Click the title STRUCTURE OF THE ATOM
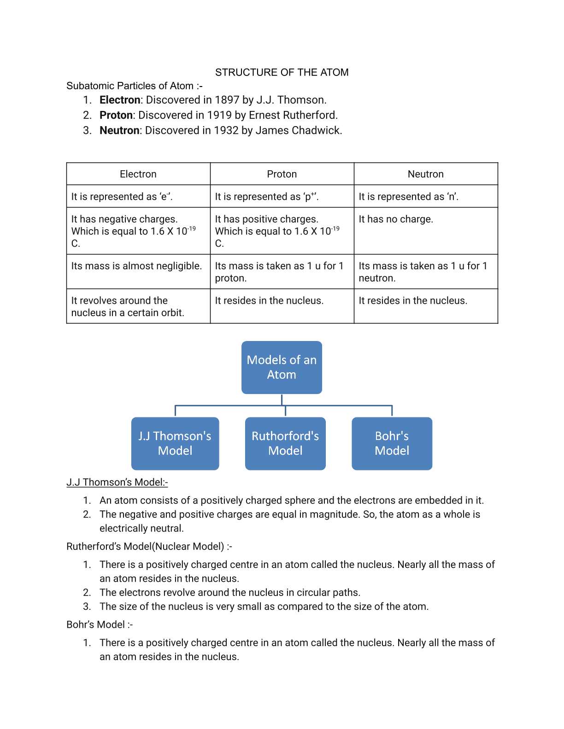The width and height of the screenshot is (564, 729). pyautogui.click(x=282, y=72)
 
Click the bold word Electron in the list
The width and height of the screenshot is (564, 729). pyautogui.click(x=120, y=100)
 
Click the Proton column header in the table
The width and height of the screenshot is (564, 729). pyautogui.click(x=282, y=174)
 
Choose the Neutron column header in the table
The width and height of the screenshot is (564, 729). pyautogui.click(x=425, y=174)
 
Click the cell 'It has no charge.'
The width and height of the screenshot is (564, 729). pyautogui.click(x=396, y=219)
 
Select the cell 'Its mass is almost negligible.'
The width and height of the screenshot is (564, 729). pyautogui.click(x=136, y=266)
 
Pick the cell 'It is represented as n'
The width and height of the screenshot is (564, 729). pyautogui.click(x=408, y=197)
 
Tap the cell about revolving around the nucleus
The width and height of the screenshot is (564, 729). pyautogui.click(x=128, y=307)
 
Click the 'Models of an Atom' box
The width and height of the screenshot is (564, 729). pyautogui.click(x=282, y=367)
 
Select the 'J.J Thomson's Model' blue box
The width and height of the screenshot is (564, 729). pyautogui.click(x=175, y=443)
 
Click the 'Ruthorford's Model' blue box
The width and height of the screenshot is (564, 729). pyautogui.click(x=285, y=443)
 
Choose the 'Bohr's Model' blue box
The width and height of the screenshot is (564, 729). pyautogui.click(x=392, y=443)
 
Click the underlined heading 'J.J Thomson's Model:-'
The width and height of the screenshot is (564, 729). pyautogui.click(x=117, y=482)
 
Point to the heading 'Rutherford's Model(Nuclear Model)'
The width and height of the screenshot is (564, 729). pyautogui.click(x=149, y=546)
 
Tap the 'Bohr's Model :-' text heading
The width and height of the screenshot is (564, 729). pyautogui.click(x=100, y=625)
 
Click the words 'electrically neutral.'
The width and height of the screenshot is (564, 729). pyautogui.click(x=141, y=528)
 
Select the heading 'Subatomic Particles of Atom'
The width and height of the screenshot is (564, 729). pyautogui.click(x=134, y=86)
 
